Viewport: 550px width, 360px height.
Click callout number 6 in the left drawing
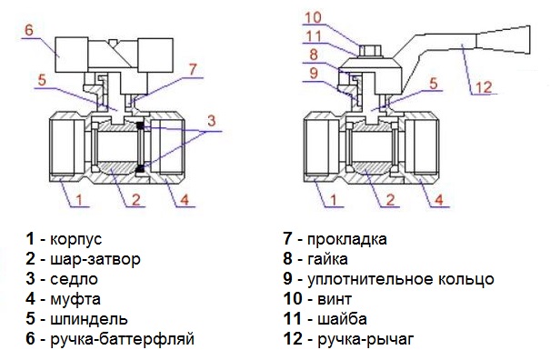click(29, 29)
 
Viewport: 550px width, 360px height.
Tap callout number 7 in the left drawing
click(194, 69)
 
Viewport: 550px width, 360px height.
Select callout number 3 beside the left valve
click(211, 121)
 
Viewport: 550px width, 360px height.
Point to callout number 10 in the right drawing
click(313, 17)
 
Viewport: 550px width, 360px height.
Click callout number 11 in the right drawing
click(314, 36)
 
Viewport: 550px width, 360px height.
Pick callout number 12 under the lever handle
click(484, 87)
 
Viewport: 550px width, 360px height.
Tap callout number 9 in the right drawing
click(314, 73)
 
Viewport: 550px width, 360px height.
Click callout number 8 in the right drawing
click(314, 55)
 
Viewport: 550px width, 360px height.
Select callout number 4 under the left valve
click(185, 200)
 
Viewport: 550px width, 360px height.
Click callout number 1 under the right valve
click(334, 200)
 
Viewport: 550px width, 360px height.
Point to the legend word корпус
click(76, 239)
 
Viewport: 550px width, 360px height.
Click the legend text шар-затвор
click(95, 259)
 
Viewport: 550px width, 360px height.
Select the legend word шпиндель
click(89, 319)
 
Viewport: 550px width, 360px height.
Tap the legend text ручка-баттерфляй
click(123, 339)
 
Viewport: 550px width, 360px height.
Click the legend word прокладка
click(347, 239)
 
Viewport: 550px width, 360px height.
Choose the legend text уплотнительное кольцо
click(401, 279)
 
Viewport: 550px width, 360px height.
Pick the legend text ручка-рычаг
click(365, 339)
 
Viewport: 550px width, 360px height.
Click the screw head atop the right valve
click(370, 51)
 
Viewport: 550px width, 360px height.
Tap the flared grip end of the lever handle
click(503, 40)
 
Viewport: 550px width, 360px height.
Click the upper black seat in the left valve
click(141, 125)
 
